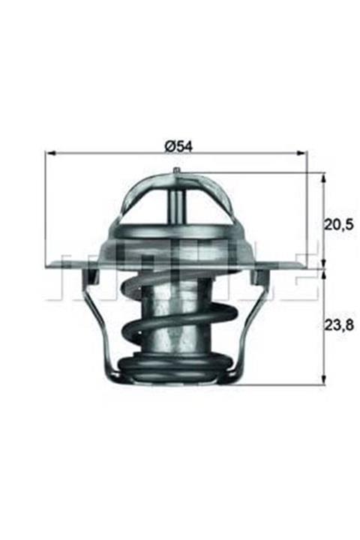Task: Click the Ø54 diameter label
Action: [180, 146]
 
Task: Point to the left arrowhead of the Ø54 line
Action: [50, 153]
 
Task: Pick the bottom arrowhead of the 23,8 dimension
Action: [323, 381]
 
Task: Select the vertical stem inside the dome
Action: [176, 202]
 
